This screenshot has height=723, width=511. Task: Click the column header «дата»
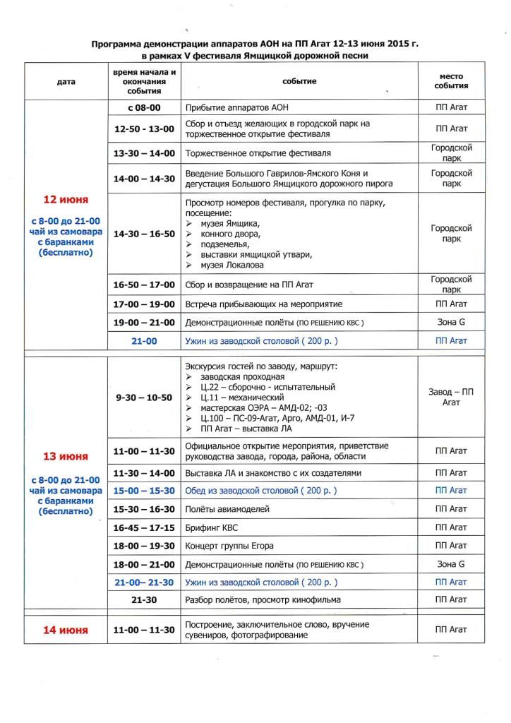pyautogui.click(x=66, y=82)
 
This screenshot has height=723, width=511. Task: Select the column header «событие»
pyautogui.click(x=299, y=82)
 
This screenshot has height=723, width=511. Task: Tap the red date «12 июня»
pyautogui.click(x=66, y=200)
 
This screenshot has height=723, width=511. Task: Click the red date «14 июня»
pyautogui.click(x=66, y=630)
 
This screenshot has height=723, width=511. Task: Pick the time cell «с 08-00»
pyautogui.click(x=145, y=109)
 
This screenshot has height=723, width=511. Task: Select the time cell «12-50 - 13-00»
pyautogui.click(x=145, y=129)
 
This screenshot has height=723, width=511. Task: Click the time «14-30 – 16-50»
pyautogui.click(x=145, y=234)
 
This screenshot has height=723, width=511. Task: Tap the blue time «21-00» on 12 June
pyautogui.click(x=145, y=340)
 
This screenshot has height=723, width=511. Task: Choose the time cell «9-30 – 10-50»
pyautogui.click(x=145, y=398)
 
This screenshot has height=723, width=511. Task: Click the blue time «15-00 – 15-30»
pyautogui.click(x=145, y=490)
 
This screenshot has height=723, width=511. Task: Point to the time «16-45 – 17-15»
pyautogui.click(x=145, y=527)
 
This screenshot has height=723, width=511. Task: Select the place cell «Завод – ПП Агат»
pyautogui.click(x=450, y=397)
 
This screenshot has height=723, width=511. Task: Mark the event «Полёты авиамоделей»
pyautogui.click(x=227, y=508)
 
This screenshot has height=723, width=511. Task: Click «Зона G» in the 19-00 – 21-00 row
pyautogui.click(x=450, y=322)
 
